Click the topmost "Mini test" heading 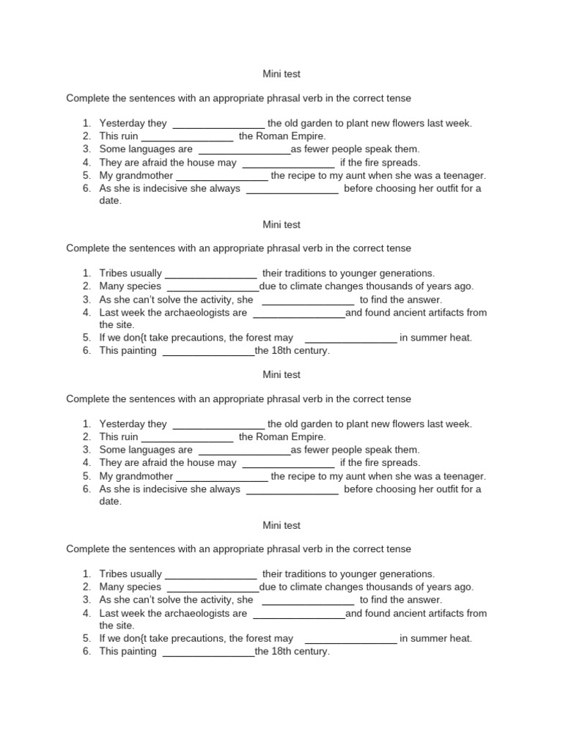point(281,74)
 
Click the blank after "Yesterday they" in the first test point(218,124)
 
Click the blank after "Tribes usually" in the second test point(211,274)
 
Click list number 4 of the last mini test point(86,614)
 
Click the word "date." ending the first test point(111,201)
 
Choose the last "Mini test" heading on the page point(281,525)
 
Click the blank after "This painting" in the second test point(208,352)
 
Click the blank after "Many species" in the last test point(213,587)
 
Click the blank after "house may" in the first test point(288,163)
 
